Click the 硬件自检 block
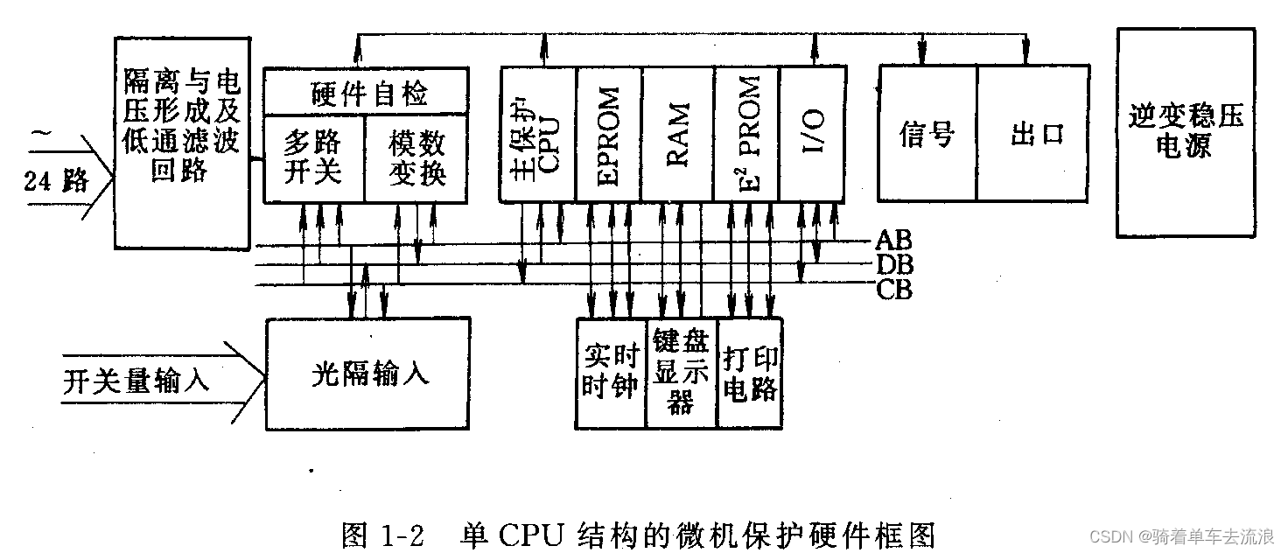pos(365,91)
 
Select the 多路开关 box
pos(313,158)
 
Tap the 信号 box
pos(927,134)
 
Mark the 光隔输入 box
pos(368,374)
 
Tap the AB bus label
pos(892,240)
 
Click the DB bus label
pos(893,263)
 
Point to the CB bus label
pos(893,289)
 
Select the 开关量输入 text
pos(136,381)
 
